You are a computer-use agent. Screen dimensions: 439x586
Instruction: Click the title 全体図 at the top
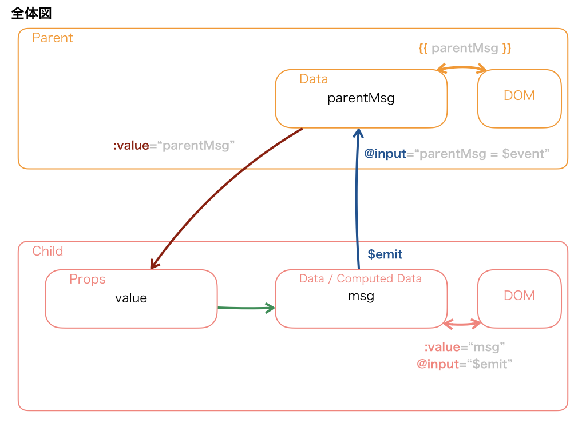pyautogui.click(x=31, y=14)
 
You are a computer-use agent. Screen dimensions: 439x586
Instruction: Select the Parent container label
pyautogui.click(x=52, y=38)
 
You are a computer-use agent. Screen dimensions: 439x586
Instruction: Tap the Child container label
pyautogui.click(x=47, y=251)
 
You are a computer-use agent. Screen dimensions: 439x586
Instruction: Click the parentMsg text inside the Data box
pyautogui.click(x=361, y=98)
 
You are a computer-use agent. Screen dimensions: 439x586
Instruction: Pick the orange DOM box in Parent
pyautogui.click(x=519, y=98)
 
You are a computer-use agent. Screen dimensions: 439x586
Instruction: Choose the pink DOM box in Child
pyautogui.click(x=519, y=298)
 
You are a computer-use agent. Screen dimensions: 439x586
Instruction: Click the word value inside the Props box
pyautogui.click(x=131, y=298)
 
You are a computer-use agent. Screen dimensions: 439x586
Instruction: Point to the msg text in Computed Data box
pyautogui.click(x=361, y=296)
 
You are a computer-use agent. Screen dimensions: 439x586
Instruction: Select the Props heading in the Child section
pyautogui.click(x=87, y=279)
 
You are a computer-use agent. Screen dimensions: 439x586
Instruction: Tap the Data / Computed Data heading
pyautogui.click(x=361, y=278)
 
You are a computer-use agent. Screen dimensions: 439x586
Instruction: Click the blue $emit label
pyautogui.click(x=385, y=254)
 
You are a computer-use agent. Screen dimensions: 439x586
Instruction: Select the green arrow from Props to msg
pyautogui.click(x=246, y=308)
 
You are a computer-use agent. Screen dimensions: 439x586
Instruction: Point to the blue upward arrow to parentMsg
pyautogui.click(x=357, y=200)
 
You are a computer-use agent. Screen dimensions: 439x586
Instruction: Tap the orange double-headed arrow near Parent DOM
pyautogui.click(x=461, y=68)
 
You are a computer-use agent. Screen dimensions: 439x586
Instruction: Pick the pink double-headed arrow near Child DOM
pyautogui.click(x=462, y=324)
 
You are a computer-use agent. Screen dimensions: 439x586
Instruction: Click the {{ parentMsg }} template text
pyautogui.click(x=465, y=48)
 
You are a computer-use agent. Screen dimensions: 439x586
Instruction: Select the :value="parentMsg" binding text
pyautogui.click(x=174, y=146)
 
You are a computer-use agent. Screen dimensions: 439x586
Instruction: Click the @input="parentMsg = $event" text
pyautogui.click(x=457, y=154)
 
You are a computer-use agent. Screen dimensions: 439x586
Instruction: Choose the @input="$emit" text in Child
pyautogui.click(x=464, y=364)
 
